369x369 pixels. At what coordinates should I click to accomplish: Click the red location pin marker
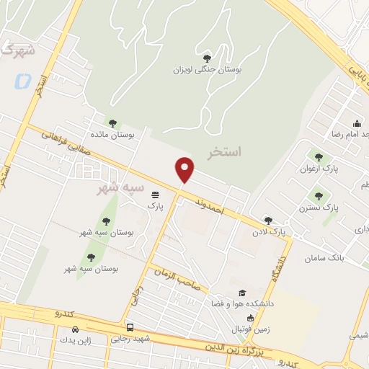click(x=185, y=169)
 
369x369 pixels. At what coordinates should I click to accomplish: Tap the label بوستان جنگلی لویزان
click(x=208, y=70)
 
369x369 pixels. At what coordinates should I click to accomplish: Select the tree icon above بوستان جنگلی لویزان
click(x=208, y=58)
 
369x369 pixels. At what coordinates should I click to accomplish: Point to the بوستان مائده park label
click(x=112, y=135)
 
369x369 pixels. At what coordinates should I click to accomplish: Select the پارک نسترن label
click(x=319, y=208)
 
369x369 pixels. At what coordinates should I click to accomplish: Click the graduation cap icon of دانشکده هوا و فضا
click(x=242, y=293)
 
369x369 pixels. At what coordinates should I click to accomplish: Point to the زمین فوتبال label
click(x=249, y=329)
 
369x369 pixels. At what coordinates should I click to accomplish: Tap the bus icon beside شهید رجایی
click(x=130, y=326)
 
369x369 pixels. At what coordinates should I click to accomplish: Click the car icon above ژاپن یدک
click(x=76, y=329)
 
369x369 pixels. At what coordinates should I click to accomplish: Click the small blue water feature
click(x=22, y=81)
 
